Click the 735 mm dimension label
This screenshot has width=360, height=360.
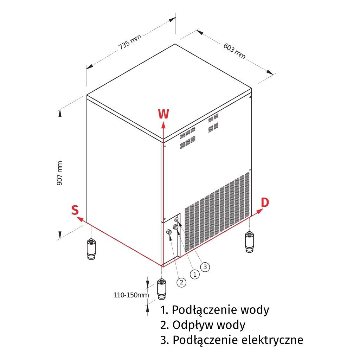(130, 41)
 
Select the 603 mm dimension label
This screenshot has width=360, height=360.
(234, 51)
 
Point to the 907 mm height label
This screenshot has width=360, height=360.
(60, 173)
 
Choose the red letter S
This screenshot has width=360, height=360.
(75, 210)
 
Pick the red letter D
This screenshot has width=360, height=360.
(265, 202)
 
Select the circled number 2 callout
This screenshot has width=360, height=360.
(181, 282)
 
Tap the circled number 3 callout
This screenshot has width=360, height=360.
(205, 267)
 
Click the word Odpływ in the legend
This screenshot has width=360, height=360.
(191, 325)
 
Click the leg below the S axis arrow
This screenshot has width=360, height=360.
(91, 249)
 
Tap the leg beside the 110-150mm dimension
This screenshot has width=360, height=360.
(162, 289)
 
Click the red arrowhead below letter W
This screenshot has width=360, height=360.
(163, 125)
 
